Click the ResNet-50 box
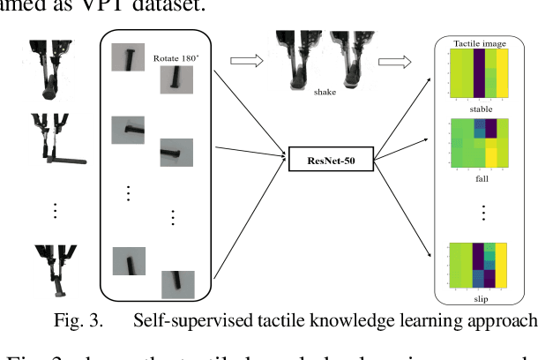[x=325, y=160]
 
